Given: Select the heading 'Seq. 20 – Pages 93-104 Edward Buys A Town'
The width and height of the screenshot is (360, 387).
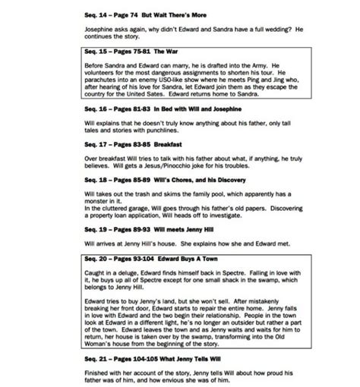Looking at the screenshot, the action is coord(146,259).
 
